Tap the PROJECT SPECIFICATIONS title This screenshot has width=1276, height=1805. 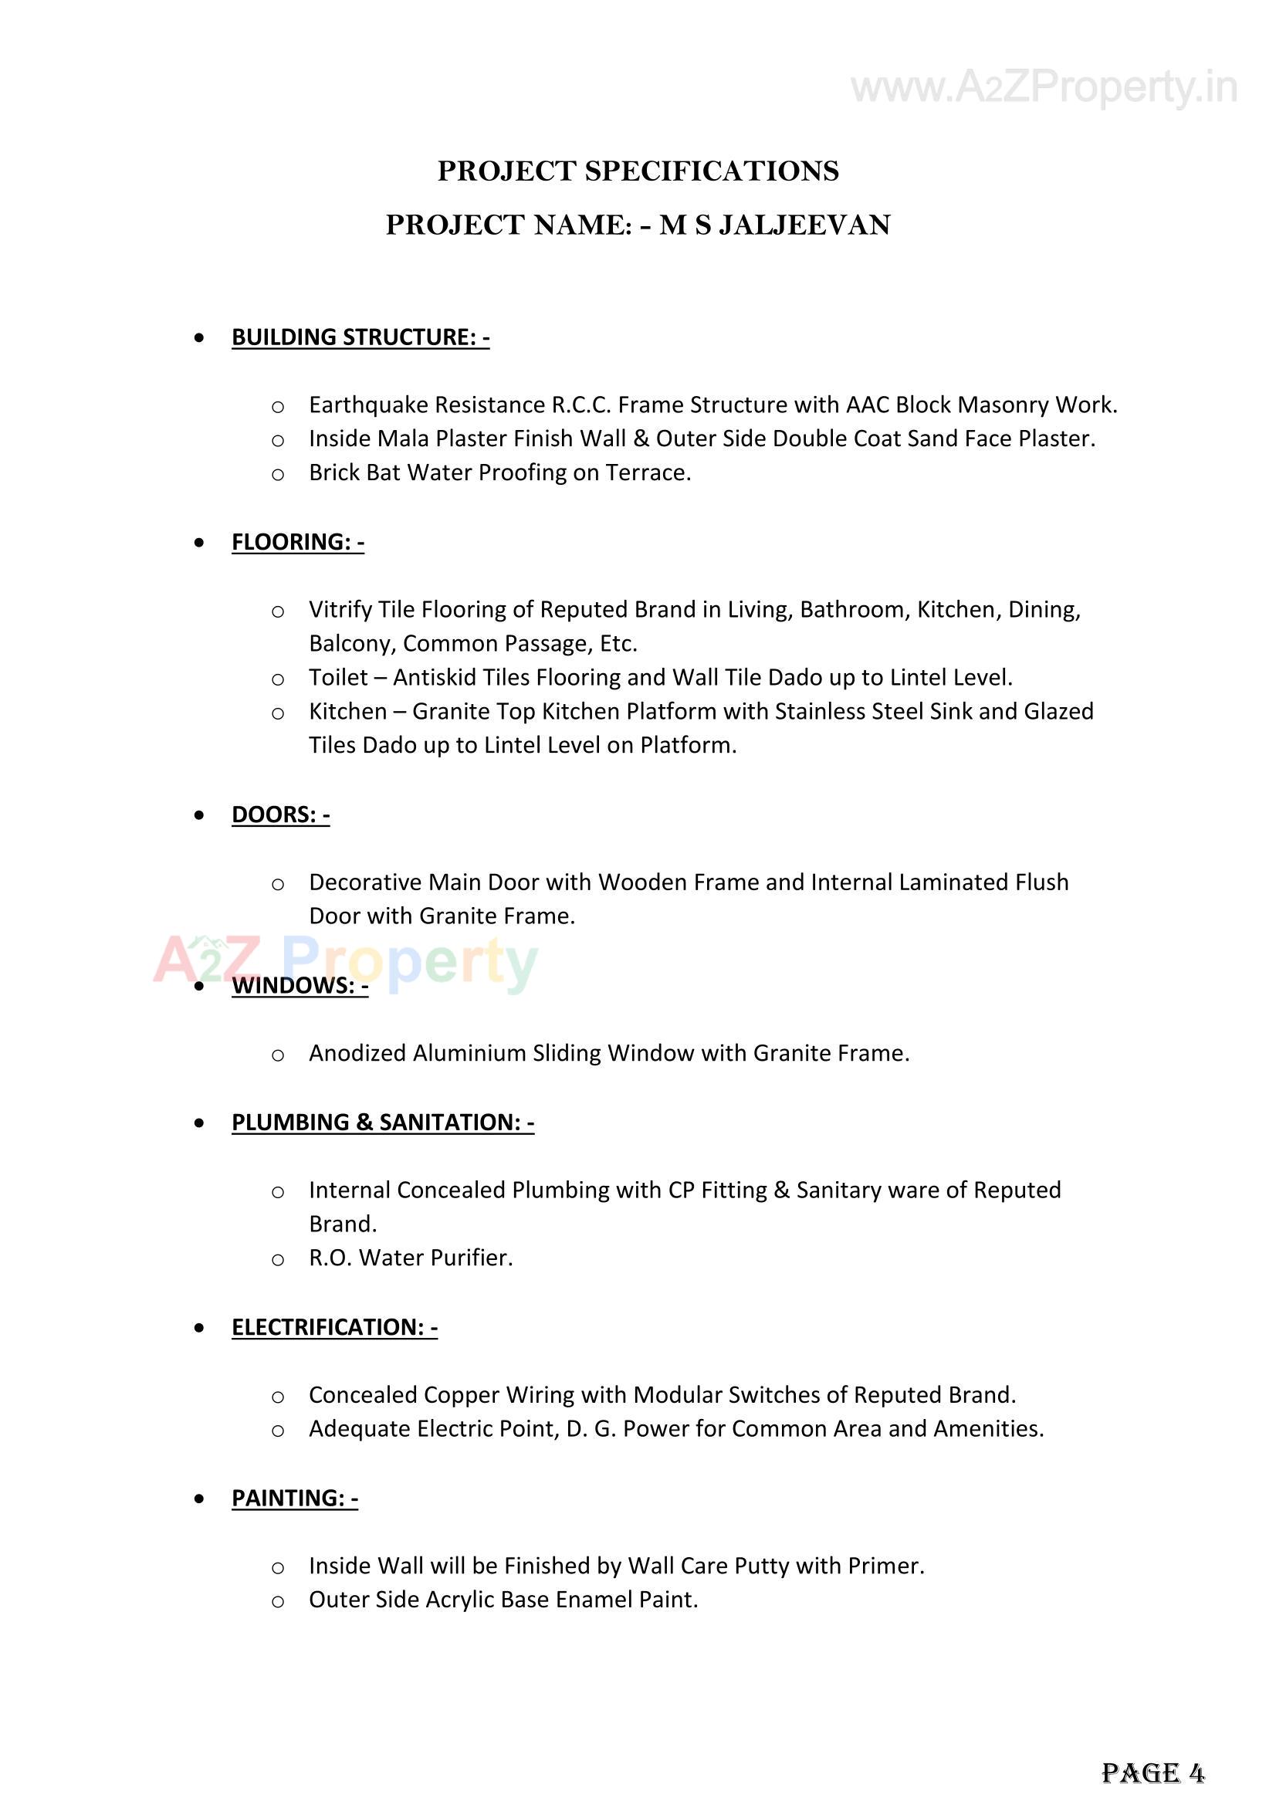point(638,171)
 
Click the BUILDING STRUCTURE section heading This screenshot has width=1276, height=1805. point(360,337)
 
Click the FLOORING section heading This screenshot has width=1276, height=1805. point(297,543)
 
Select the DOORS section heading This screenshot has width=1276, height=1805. point(280,815)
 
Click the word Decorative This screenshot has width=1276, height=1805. point(365,883)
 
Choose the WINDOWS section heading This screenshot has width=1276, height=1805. point(300,986)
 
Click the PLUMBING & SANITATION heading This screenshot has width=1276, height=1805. point(382,1123)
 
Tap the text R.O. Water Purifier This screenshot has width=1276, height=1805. point(411,1258)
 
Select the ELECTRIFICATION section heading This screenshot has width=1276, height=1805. point(334,1328)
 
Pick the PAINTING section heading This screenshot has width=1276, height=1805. point(294,1499)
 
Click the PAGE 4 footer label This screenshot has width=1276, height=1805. point(1152,1773)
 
